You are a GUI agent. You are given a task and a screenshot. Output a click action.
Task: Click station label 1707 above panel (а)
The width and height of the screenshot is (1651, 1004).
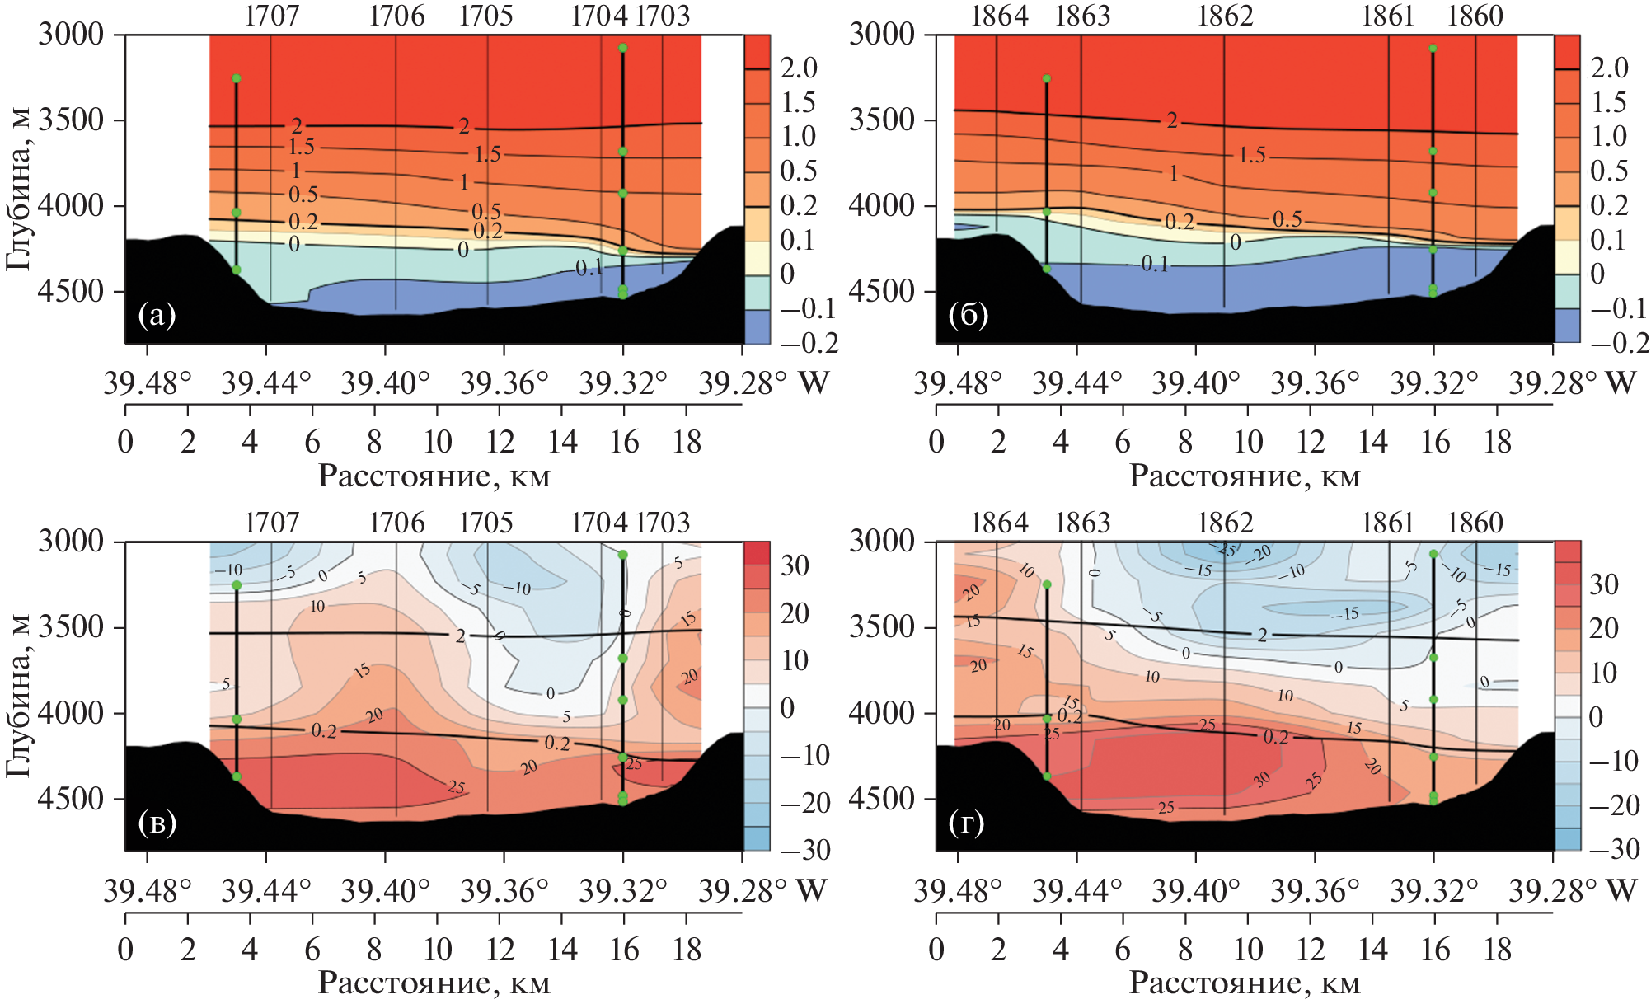(x=272, y=16)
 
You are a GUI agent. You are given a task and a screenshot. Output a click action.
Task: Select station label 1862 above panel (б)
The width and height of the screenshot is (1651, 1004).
(x=1225, y=16)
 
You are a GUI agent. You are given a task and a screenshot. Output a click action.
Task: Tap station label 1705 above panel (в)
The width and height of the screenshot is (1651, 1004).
(x=485, y=523)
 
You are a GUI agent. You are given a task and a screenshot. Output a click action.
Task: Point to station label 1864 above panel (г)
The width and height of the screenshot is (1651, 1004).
(x=999, y=523)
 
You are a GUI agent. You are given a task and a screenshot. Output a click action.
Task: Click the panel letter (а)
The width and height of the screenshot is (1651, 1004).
(x=157, y=315)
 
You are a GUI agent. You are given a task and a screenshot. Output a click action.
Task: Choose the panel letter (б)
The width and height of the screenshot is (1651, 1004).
(x=968, y=315)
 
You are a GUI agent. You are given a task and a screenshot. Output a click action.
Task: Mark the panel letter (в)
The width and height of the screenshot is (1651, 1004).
(x=157, y=823)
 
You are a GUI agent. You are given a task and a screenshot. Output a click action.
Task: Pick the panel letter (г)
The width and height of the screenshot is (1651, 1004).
(x=967, y=823)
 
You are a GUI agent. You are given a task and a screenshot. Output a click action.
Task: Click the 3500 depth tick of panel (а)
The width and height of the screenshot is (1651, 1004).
(x=72, y=120)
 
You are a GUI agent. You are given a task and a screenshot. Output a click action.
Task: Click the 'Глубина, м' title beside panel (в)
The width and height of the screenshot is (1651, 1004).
(x=18, y=694)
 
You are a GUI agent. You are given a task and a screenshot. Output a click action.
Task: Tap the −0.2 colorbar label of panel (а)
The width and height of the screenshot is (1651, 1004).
(x=809, y=343)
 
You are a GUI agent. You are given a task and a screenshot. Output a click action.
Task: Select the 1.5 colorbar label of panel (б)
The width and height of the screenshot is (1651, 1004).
(x=1608, y=102)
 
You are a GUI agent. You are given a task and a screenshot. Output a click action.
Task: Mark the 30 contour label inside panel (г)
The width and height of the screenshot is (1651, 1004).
(x=1262, y=780)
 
